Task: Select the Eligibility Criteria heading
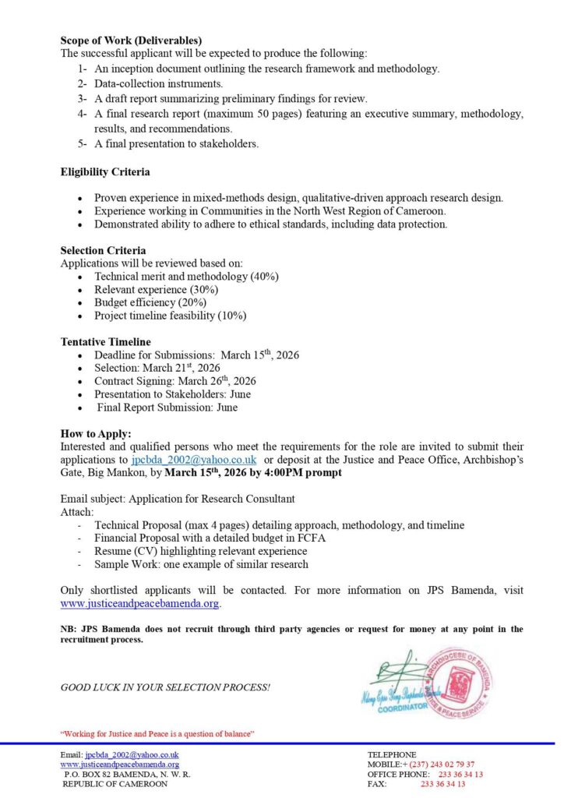point(105,172)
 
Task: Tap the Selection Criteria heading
point(103,251)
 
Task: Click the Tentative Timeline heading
point(106,342)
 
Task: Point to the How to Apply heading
point(96,434)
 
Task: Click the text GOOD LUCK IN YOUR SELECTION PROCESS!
point(165,687)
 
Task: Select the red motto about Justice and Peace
point(157,734)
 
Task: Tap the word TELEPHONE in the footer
point(391,754)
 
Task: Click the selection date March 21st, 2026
point(178,368)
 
